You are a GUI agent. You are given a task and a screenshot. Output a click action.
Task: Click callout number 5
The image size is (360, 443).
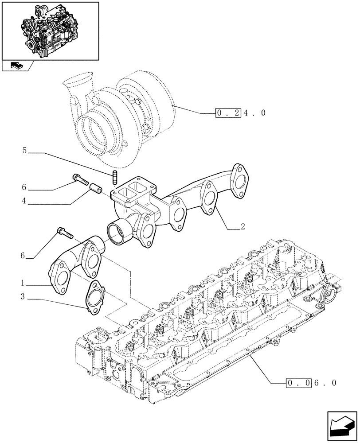click(25, 151)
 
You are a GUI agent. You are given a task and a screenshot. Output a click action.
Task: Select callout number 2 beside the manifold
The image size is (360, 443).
click(243, 227)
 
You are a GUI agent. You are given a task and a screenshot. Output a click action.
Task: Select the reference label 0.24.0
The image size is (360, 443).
click(241, 113)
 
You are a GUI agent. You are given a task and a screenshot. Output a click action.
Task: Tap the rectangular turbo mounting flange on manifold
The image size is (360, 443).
click(130, 194)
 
